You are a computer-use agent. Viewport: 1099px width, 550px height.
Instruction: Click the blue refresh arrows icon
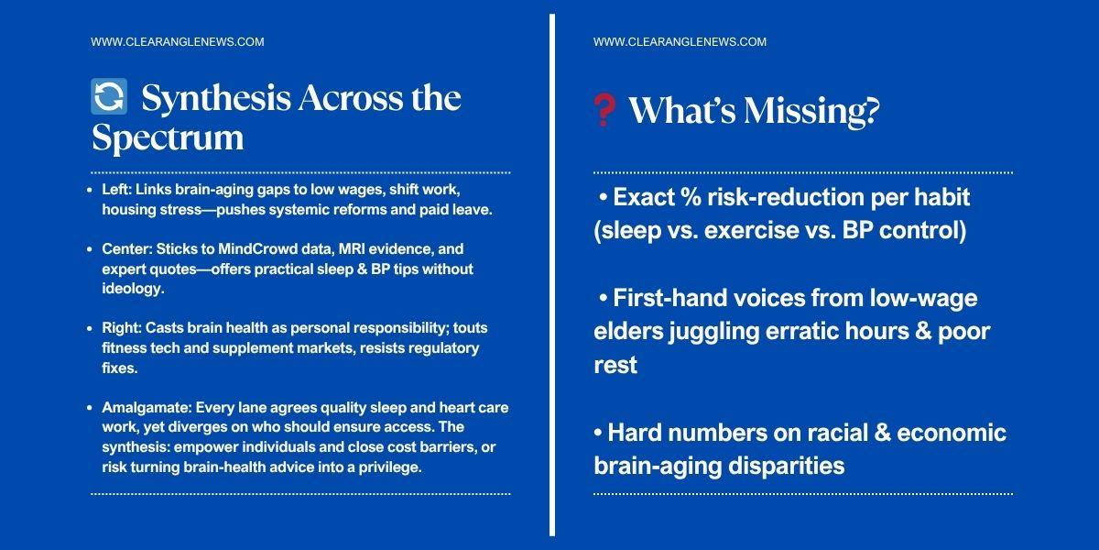point(109,96)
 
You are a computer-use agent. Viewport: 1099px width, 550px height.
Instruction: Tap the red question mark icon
point(604,110)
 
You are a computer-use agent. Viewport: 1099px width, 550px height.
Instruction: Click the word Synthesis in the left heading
point(216,98)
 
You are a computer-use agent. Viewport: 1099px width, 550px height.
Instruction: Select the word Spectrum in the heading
point(168,137)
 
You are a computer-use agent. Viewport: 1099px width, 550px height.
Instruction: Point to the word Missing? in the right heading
point(812,111)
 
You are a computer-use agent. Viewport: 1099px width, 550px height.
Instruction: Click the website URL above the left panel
point(178,42)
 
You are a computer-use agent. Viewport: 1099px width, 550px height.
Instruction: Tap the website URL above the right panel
point(680,42)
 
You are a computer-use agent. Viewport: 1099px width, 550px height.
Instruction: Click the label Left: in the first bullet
point(116,190)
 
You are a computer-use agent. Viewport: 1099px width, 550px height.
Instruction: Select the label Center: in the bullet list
point(126,249)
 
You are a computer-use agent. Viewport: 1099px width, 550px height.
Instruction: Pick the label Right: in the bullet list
point(121,328)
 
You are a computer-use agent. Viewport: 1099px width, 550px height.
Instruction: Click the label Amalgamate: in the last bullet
point(147,408)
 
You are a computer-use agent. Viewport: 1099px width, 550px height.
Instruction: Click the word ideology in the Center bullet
point(132,289)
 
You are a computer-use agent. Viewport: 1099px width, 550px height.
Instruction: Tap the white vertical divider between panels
point(552,275)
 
